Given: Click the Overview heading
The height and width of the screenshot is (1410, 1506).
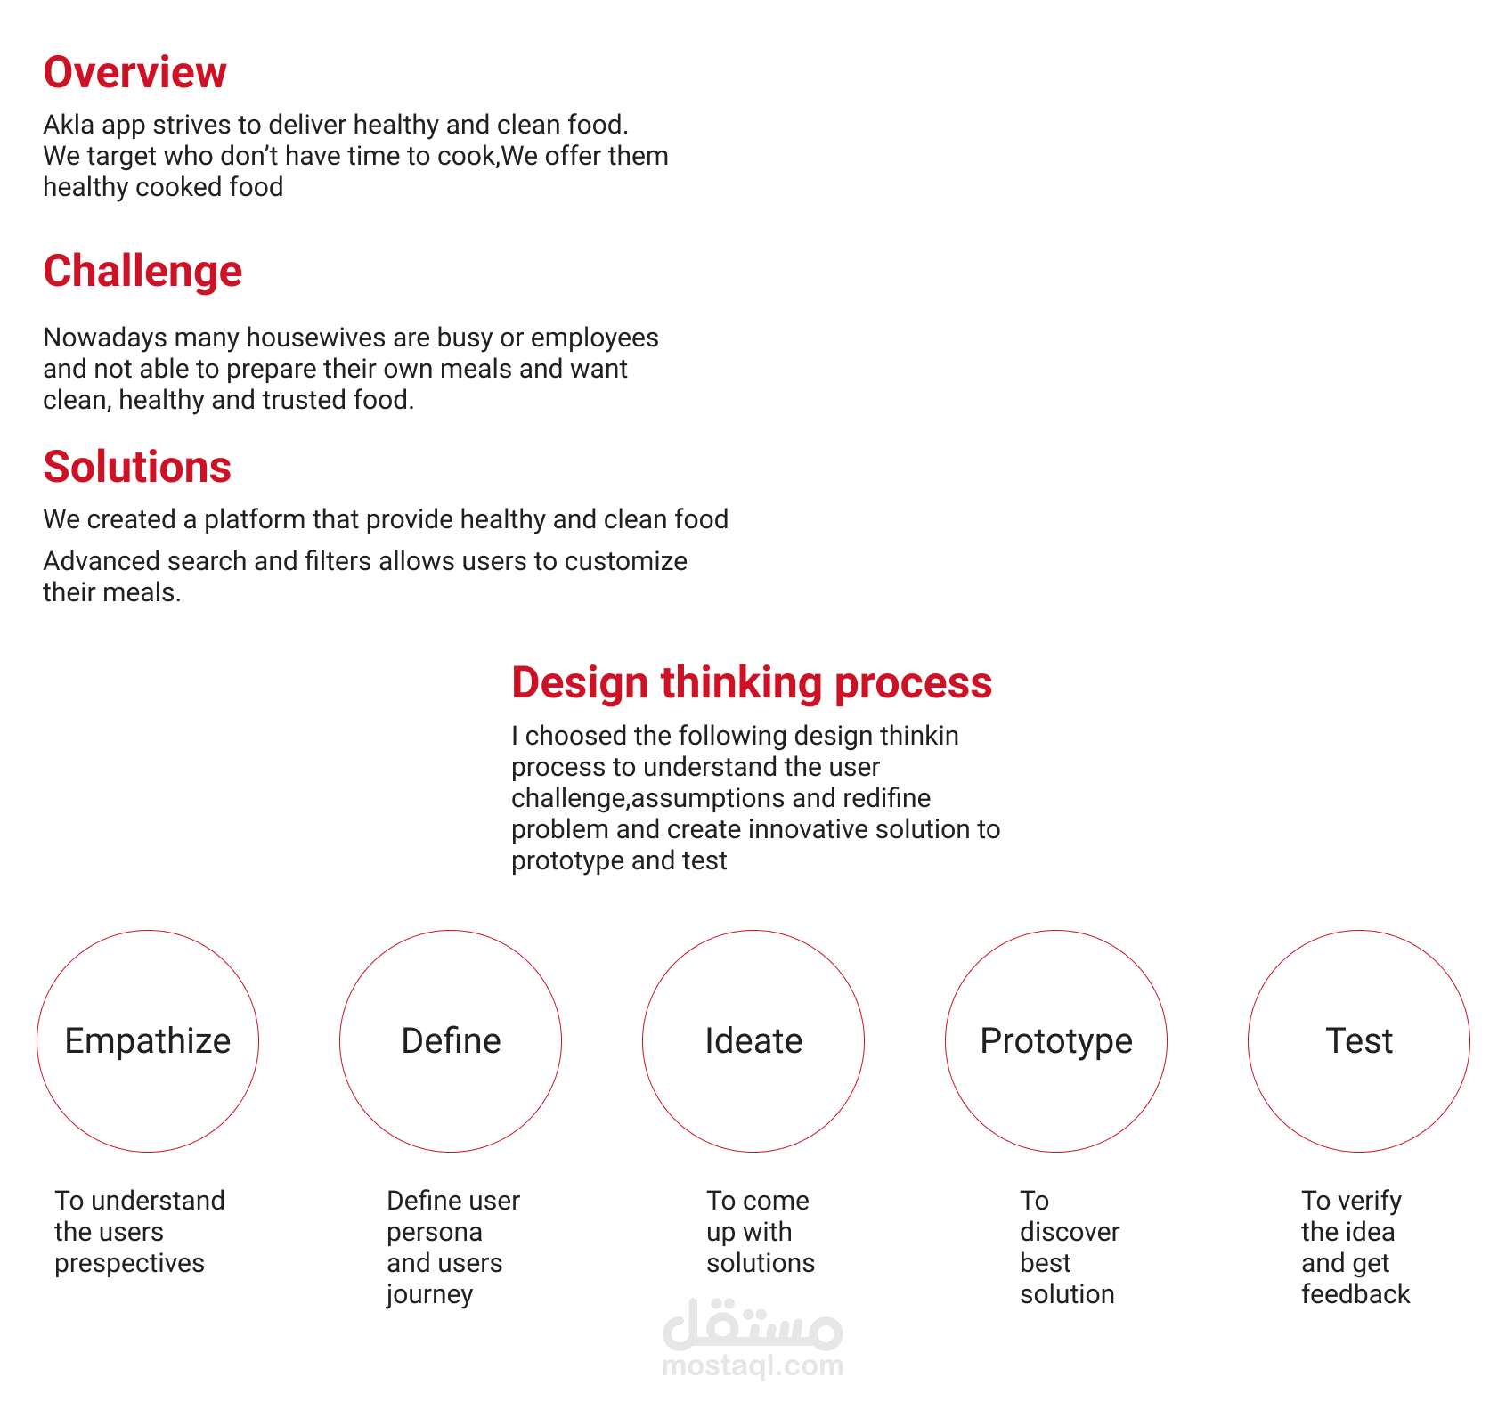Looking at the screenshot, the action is (x=134, y=72).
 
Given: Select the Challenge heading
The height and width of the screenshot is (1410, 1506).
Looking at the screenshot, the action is (x=142, y=271).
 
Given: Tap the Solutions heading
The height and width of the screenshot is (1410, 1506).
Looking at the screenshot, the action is (x=137, y=467).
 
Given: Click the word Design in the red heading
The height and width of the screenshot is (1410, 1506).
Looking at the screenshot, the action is (x=580, y=683).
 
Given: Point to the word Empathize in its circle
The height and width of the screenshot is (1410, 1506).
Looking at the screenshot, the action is (x=148, y=1041).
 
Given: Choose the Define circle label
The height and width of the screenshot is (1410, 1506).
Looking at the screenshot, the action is (x=451, y=1040).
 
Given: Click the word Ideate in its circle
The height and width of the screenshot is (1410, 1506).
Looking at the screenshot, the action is (x=753, y=1040).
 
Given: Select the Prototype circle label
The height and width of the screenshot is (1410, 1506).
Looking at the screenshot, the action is (x=1056, y=1041).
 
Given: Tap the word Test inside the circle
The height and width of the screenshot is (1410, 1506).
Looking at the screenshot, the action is (x=1359, y=1040).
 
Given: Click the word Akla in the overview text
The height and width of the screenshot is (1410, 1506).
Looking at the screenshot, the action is (x=69, y=125).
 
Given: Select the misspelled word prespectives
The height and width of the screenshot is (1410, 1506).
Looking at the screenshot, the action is (x=130, y=1264).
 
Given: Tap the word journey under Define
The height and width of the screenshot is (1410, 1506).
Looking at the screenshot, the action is (x=429, y=1295).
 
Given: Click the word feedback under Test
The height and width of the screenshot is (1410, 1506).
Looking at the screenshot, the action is (x=1355, y=1294).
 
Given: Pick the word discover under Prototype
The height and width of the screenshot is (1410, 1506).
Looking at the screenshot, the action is (x=1070, y=1232).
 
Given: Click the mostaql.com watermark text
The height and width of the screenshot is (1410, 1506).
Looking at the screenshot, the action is (x=753, y=1366).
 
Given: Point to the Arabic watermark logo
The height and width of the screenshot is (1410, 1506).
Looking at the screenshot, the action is (x=753, y=1324).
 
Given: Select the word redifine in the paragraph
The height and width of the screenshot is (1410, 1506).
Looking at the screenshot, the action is (x=886, y=798).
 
